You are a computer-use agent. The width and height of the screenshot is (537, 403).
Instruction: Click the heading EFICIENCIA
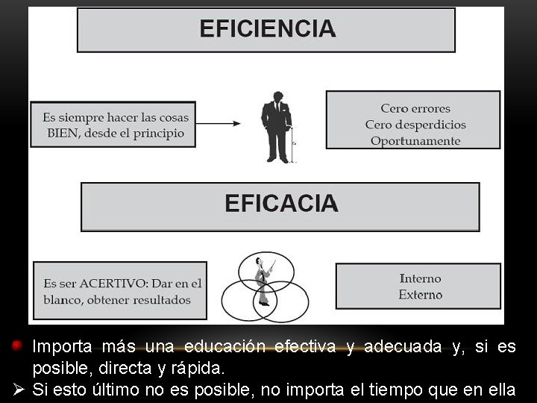[267, 29]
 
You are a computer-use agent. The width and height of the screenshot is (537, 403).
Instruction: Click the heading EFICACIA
[281, 204]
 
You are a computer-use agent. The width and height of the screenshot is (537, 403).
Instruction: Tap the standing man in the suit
[276, 127]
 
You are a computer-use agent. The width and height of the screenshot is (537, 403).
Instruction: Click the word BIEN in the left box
[63, 134]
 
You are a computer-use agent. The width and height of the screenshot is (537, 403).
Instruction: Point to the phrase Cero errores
[415, 109]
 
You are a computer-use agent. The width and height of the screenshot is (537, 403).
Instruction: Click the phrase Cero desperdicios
[415, 125]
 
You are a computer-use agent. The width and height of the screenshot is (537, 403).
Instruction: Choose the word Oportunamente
[415, 141]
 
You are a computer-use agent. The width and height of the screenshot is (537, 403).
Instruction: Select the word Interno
[421, 278]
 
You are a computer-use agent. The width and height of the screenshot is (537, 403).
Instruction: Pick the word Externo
[421, 295]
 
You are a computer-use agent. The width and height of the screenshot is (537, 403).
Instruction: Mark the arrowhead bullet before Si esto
[19, 389]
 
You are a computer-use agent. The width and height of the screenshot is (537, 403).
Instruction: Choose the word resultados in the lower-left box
[158, 300]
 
